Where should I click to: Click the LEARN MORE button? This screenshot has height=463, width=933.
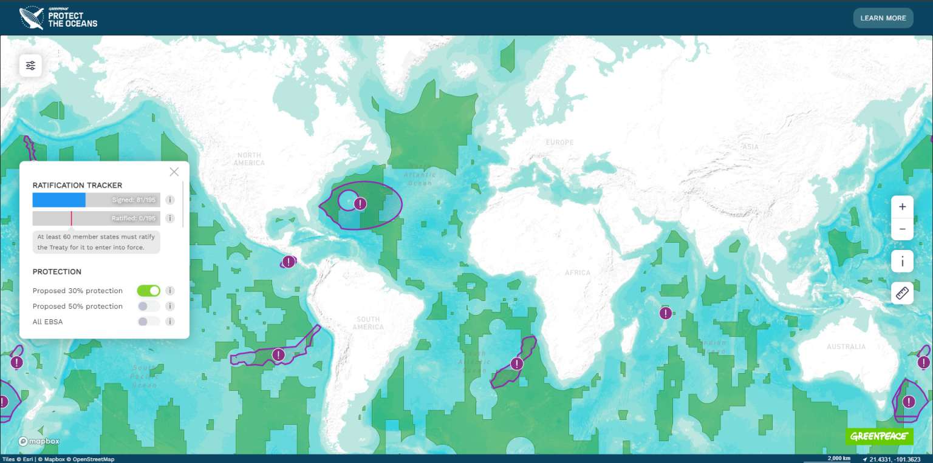pyautogui.click(x=883, y=18)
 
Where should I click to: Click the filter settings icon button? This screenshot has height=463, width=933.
pyautogui.click(x=30, y=66)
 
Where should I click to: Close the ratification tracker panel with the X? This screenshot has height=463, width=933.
pyautogui.click(x=174, y=172)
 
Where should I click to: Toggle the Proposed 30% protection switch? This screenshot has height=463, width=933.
pyautogui.click(x=149, y=291)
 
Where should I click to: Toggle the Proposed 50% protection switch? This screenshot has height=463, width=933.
pyautogui.click(x=149, y=306)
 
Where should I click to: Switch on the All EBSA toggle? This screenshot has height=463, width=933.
pyautogui.click(x=149, y=322)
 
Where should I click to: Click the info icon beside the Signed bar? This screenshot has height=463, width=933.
pyautogui.click(x=171, y=200)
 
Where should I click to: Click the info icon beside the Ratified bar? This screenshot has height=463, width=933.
pyautogui.click(x=171, y=218)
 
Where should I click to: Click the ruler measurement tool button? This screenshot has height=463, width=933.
pyautogui.click(x=902, y=294)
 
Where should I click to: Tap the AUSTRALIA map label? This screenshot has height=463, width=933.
pyautogui.click(x=846, y=346)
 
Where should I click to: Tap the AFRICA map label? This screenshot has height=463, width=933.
pyautogui.click(x=578, y=272)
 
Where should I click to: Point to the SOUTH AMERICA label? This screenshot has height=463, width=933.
pyautogui.click(x=368, y=323)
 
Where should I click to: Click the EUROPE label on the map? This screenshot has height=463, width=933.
pyautogui.click(x=559, y=143)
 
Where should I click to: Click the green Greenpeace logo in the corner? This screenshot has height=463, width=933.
pyautogui.click(x=879, y=436)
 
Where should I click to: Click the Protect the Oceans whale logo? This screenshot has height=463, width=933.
pyautogui.click(x=32, y=18)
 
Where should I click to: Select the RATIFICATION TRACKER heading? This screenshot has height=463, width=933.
pyautogui.click(x=77, y=185)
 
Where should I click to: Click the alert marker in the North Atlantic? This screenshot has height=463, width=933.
pyautogui.click(x=360, y=204)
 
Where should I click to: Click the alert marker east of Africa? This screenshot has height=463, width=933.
pyautogui.click(x=666, y=313)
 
